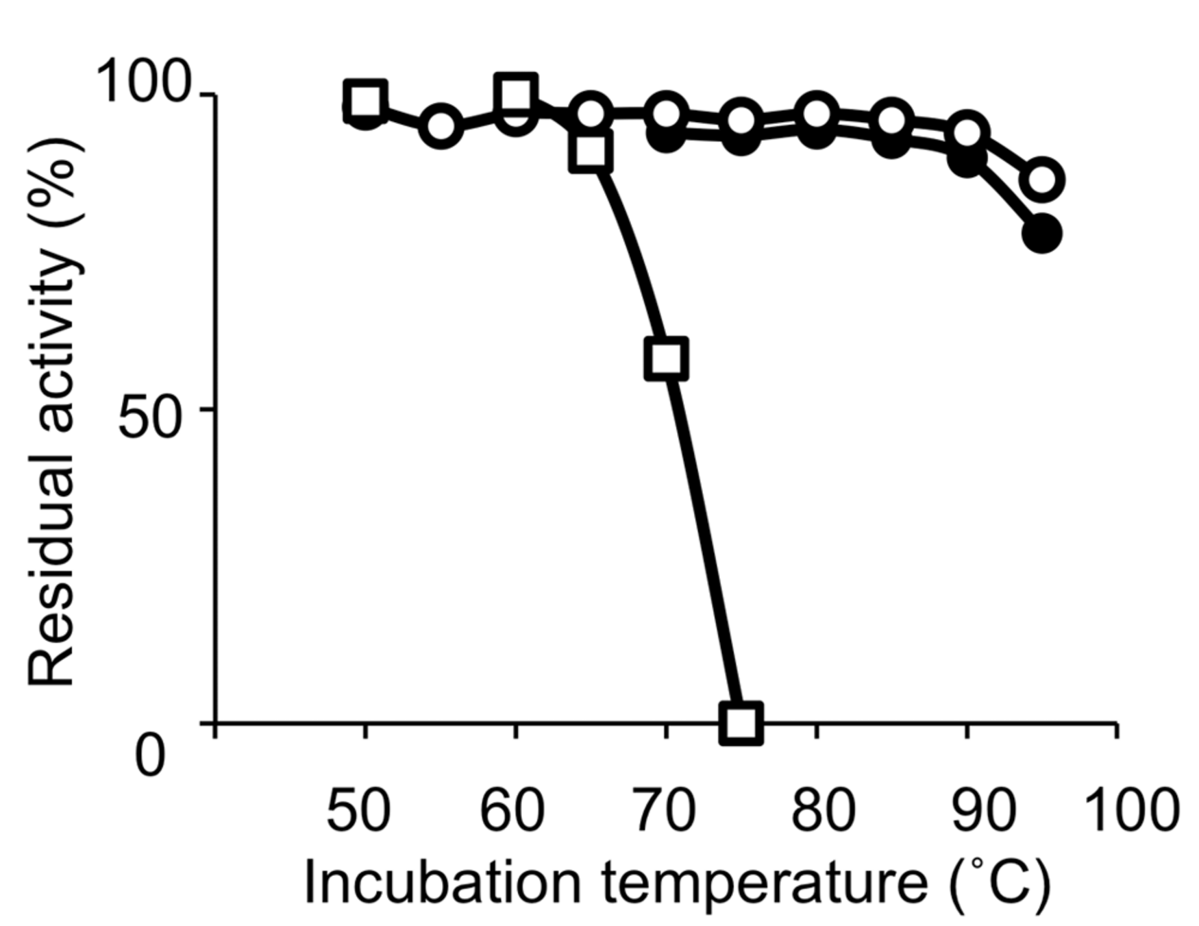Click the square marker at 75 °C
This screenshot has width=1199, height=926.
(x=741, y=722)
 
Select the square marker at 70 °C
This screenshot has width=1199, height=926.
(x=666, y=358)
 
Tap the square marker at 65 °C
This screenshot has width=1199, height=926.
(x=591, y=151)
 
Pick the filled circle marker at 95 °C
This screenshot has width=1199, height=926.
(x=1042, y=234)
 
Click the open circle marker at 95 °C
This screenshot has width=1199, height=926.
(x=1042, y=180)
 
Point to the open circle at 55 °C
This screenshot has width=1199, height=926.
(x=441, y=126)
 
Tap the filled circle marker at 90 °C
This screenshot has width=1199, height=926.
(x=967, y=161)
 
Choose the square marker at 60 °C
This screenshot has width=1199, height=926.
(x=515, y=93)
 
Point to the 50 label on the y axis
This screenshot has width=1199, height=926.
(x=150, y=418)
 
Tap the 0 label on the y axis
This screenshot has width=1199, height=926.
(x=150, y=756)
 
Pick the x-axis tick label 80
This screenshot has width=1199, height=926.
(x=822, y=811)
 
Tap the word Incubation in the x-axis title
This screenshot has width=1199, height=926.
(x=442, y=883)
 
